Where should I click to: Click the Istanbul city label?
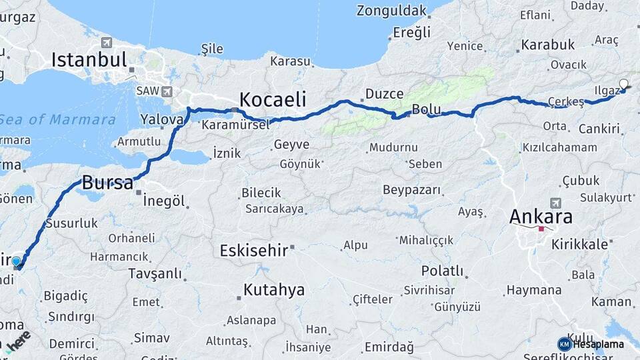[89, 61]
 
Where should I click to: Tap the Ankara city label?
[541, 217]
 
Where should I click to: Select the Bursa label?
[107, 183]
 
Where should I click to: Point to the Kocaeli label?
[272, 100]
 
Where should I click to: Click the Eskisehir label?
[253, 251]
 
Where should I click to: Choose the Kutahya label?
[274, 290]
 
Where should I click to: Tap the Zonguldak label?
[391, 11]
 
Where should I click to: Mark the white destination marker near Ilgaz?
[623, 85]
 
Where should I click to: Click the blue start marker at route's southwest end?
[17, 262]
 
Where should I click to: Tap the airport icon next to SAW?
[166, 91]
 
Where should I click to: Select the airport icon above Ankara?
[555, 202]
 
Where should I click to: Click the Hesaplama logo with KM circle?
[591, 344]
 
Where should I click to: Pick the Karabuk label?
[547, 45]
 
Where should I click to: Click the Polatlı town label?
[442, 271]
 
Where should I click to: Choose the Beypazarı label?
[412, 190]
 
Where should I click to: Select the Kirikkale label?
[579, 244]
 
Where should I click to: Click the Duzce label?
[385, 95]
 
